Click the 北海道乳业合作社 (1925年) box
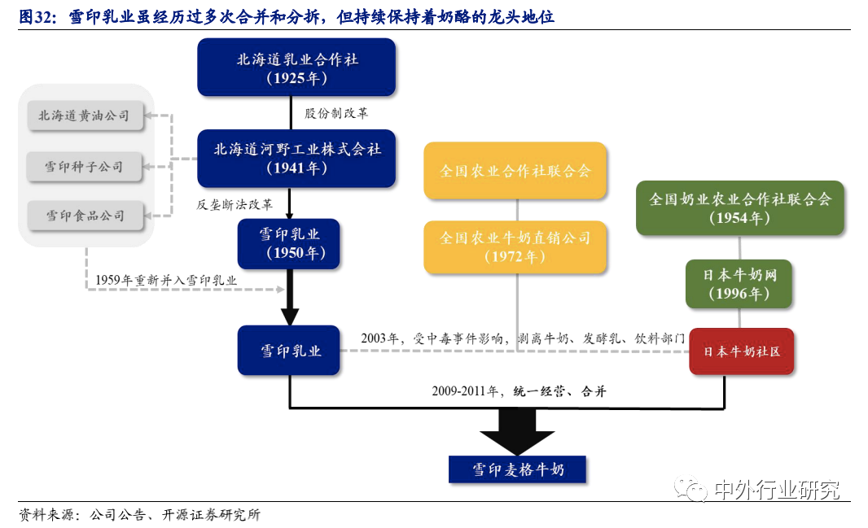point(296,68)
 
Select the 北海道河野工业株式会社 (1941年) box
point(296,159)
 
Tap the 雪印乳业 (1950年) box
point(291,243)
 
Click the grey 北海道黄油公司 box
point(84,116)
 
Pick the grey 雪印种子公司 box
point(84,166)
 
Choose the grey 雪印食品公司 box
point(84,216)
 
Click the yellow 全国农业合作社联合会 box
point(515,171)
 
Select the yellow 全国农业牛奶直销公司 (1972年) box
point(515,247)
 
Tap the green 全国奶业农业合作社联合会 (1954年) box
point(739,208)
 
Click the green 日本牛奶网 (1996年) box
point(739,284)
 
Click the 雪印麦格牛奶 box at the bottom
point(518,469)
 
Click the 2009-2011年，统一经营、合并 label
point(519,391)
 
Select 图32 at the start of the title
point(36,16)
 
